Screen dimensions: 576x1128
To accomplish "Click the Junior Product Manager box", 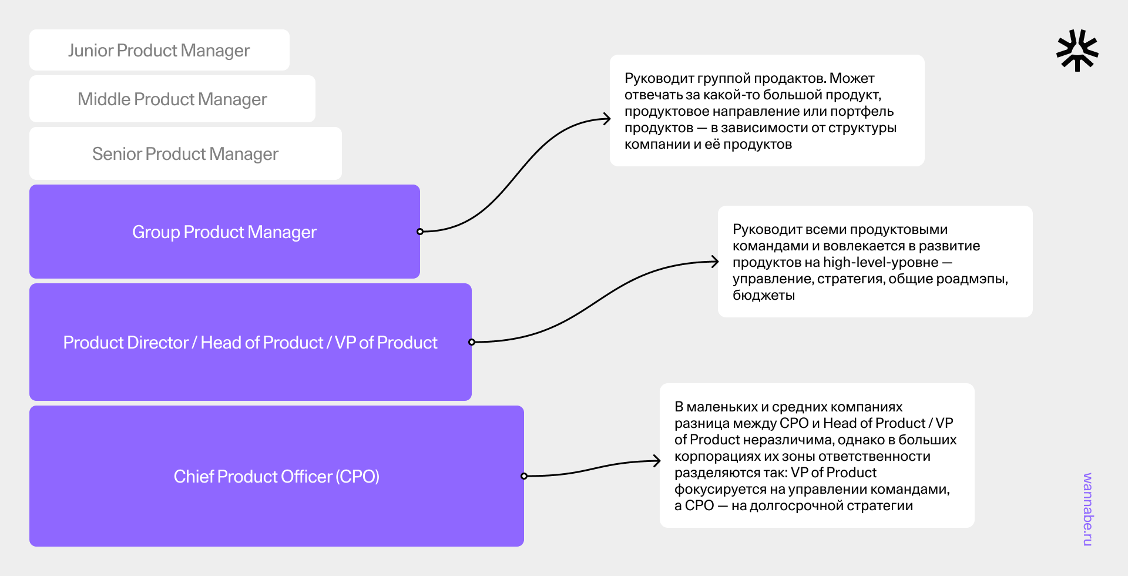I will tap(159, 51).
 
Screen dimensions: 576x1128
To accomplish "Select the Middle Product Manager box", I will tap(172, 99).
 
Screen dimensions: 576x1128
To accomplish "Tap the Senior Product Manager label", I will tap(185, 154).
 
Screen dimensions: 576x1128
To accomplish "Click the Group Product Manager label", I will tap(224, 232).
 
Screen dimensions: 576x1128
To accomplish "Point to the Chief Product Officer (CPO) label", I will tap(276, 476).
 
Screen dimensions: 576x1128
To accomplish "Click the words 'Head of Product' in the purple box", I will tap(262, 343).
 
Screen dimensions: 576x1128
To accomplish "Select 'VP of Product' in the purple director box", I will tap(386, 343).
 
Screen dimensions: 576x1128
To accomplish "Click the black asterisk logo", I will tap(1077, 51).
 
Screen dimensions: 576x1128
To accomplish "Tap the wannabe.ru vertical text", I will tap(1087, 509).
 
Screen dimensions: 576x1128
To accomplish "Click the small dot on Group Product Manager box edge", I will tap(420, 232).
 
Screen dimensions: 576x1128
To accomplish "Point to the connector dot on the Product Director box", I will tap(472, 342).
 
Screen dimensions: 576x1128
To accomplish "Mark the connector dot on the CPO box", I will tap(524, 476).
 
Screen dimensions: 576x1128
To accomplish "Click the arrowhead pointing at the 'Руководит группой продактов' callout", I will tap(607, 119).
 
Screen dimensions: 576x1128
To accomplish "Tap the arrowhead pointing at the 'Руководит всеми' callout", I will tap(715, 262).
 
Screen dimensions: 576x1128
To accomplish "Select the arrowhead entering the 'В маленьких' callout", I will tap(657, 461).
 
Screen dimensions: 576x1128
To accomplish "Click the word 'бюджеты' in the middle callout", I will tap(764, 296).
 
